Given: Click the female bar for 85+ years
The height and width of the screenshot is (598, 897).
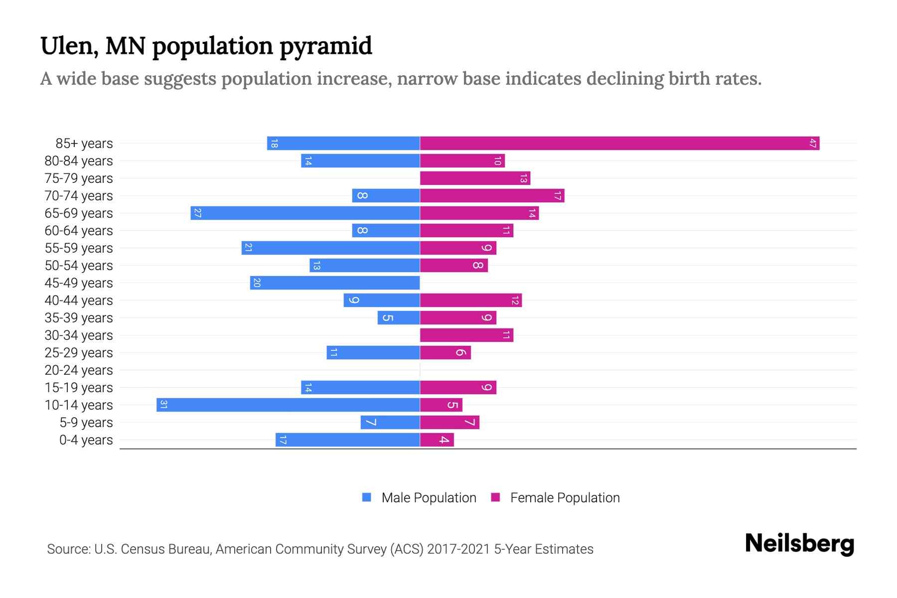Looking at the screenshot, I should point(619,144).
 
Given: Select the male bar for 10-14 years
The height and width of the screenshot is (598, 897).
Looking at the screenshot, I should point(288,405).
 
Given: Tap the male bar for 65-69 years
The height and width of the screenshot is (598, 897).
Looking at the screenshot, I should point(305,213).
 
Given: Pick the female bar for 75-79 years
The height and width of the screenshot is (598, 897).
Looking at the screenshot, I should point(475,178).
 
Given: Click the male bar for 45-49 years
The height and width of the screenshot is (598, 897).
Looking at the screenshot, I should point(335,283).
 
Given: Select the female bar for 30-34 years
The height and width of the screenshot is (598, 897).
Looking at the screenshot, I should point(466,335).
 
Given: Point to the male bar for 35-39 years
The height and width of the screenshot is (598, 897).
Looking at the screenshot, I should point(399,318).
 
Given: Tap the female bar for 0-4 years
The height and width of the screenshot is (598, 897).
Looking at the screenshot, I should point(437,440).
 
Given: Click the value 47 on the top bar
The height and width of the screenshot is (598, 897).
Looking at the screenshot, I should point(813,144).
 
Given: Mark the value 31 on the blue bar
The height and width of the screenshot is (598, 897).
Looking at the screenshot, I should point(163,405).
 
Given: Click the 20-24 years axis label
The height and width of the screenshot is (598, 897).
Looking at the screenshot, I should point(79,370).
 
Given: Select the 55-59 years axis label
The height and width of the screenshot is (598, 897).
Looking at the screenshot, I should point(79,248).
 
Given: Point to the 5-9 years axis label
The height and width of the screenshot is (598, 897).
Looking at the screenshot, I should point(86,423).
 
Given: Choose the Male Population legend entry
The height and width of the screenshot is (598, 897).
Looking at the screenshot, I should point(429,498).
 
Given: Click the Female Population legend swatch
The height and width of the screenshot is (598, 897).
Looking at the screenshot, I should point(495,497).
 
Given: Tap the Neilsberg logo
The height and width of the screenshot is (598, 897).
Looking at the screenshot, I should point(799,544).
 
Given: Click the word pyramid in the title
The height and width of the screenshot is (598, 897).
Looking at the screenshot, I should point(325,46).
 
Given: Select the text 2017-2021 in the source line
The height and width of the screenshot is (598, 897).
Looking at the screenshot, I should point(458,549).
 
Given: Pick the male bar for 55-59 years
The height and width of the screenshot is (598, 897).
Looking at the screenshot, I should point(330,248).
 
